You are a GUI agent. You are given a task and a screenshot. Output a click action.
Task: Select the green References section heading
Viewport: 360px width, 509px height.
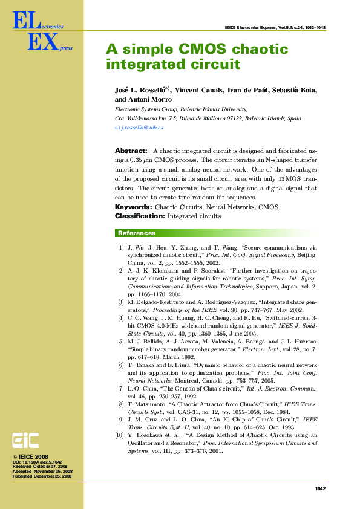(x=136, y=233)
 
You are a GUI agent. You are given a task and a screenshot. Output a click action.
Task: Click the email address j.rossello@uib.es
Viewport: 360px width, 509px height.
(x=139, y=128)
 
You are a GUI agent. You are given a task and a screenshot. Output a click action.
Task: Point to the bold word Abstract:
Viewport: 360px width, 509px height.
(x=131, y=151)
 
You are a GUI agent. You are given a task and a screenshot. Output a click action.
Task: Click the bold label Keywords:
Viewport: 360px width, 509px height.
(x=133, y=207)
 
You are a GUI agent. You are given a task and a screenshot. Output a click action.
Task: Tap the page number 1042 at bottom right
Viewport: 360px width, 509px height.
(x=320, y=488)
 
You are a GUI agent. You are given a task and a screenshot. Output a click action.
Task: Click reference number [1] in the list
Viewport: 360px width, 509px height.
(x=120, y=248)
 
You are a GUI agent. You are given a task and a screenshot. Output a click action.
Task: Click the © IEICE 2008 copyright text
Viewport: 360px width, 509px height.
(x=31, y=457)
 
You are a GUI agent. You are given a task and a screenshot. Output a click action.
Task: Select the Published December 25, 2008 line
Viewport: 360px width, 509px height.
(x=42, y=477)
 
